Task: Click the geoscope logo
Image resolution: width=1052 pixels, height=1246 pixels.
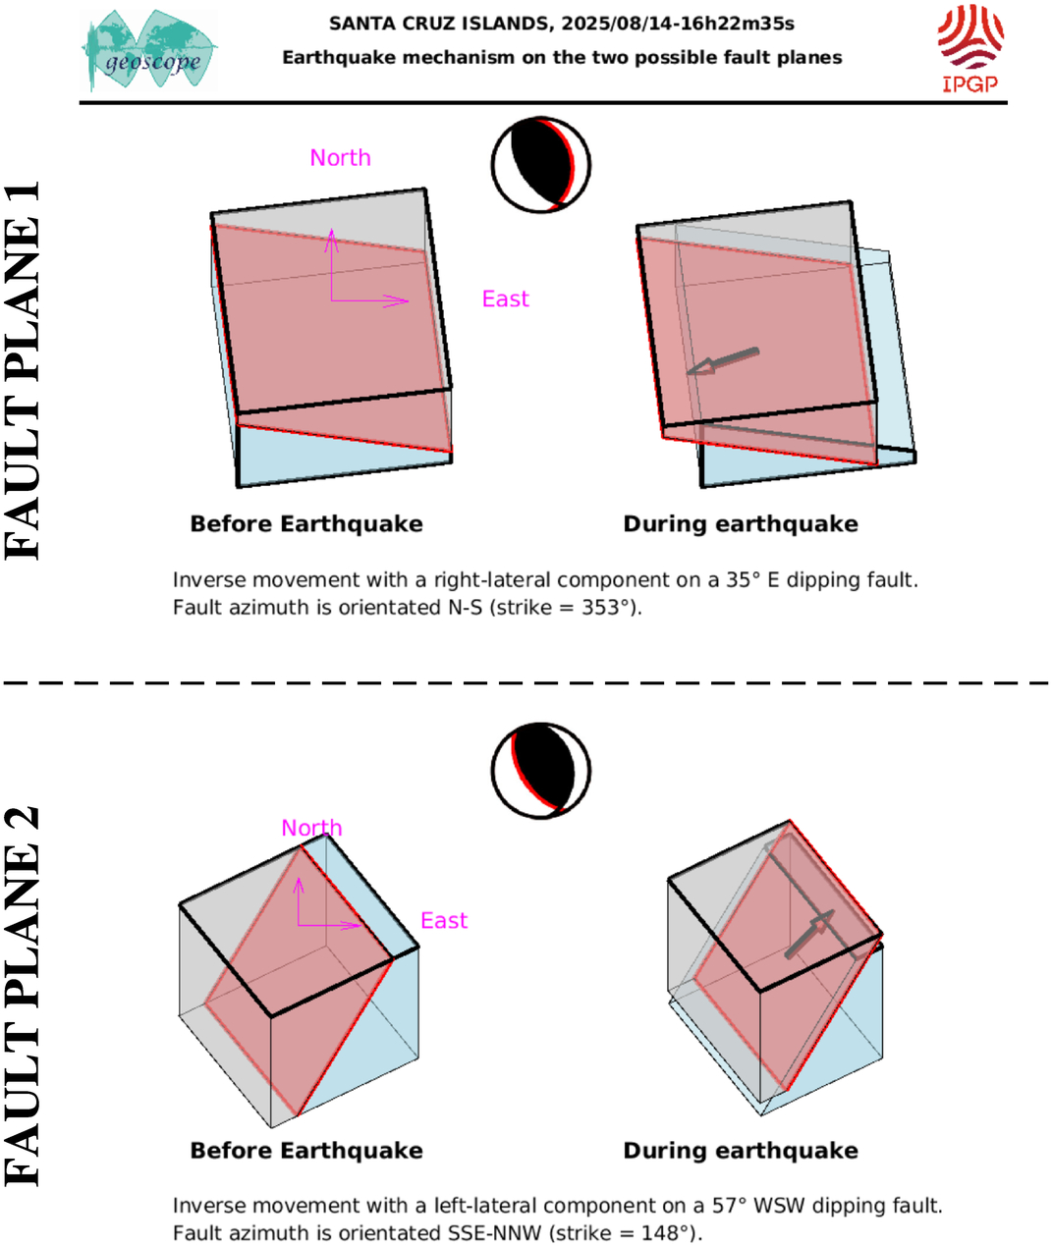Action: (x=149, y=51)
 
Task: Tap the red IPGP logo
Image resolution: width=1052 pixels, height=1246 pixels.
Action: (x=970, y=49)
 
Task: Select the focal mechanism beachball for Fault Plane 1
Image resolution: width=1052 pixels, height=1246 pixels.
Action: (x=541, y=165)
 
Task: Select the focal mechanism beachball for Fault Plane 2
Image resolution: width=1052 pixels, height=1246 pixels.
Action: (x=541, y=771)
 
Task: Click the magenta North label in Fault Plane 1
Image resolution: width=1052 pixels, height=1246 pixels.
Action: (x=340, y=158)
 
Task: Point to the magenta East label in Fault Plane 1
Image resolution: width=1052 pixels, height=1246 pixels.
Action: (x=505, y=298)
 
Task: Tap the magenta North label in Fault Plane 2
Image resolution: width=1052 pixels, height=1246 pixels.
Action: (x=311, y=829)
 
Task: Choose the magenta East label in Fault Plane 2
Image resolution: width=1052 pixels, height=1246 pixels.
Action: (x=444, y=921)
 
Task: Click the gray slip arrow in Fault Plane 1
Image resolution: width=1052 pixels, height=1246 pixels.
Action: (x=722, y=362)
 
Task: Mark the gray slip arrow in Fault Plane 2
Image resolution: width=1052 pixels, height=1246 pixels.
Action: (x=809, y=935)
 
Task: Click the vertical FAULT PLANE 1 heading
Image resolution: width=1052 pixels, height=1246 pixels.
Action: (x=23, y=370)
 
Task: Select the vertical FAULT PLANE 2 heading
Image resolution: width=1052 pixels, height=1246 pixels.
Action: (x=23, y=996)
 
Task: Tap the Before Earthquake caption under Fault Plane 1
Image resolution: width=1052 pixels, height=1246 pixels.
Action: (x=306, y=524)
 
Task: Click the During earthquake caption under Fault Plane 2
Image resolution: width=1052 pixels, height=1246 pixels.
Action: (x=741, y=1151)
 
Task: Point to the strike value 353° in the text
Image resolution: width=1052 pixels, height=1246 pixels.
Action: (x=606, y=608)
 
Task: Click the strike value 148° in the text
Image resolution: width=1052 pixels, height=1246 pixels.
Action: (x=666, y=1233)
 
